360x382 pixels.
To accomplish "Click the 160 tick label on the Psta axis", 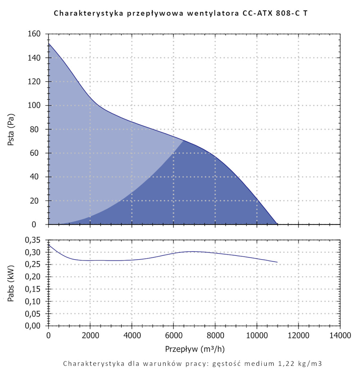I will coord(35,34).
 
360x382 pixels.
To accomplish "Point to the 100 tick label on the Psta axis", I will coord(35,105).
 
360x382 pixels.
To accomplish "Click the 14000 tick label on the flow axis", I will coord(340,336).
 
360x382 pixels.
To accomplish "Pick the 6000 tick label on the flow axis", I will coord(174,336).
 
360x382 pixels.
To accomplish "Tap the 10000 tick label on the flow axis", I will coord(257,336).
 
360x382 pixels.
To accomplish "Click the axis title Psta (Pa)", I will coord(11,129).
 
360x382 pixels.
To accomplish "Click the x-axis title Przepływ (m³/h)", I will coord(195,349).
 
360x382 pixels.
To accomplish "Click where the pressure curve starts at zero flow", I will coord(49,44).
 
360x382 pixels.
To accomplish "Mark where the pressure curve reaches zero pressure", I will coord(277,224).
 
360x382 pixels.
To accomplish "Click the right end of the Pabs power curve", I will coord(277,262).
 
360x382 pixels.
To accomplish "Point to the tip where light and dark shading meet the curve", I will coord(184,140).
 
